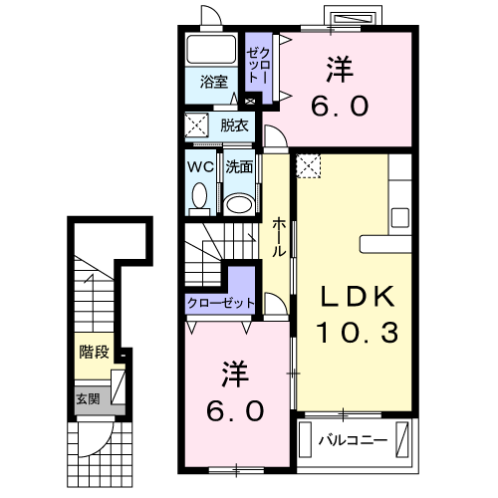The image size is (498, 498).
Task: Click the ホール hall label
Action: click(x=280, y=236)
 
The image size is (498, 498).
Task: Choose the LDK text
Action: click(x=357, y=296)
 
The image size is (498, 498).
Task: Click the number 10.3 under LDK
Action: click(x=357, y=332)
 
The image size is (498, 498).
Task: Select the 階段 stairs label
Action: click(x=95, y=351)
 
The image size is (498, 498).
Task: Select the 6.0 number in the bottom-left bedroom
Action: click(x=235, y=409)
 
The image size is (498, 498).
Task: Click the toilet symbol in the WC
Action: click(x=197, y=199)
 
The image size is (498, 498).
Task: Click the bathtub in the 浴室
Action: click(x=210, y=51)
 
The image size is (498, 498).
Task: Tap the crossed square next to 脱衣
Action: click(x=196, y=126)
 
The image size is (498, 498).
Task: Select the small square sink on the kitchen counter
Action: click(x=399, y=216)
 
